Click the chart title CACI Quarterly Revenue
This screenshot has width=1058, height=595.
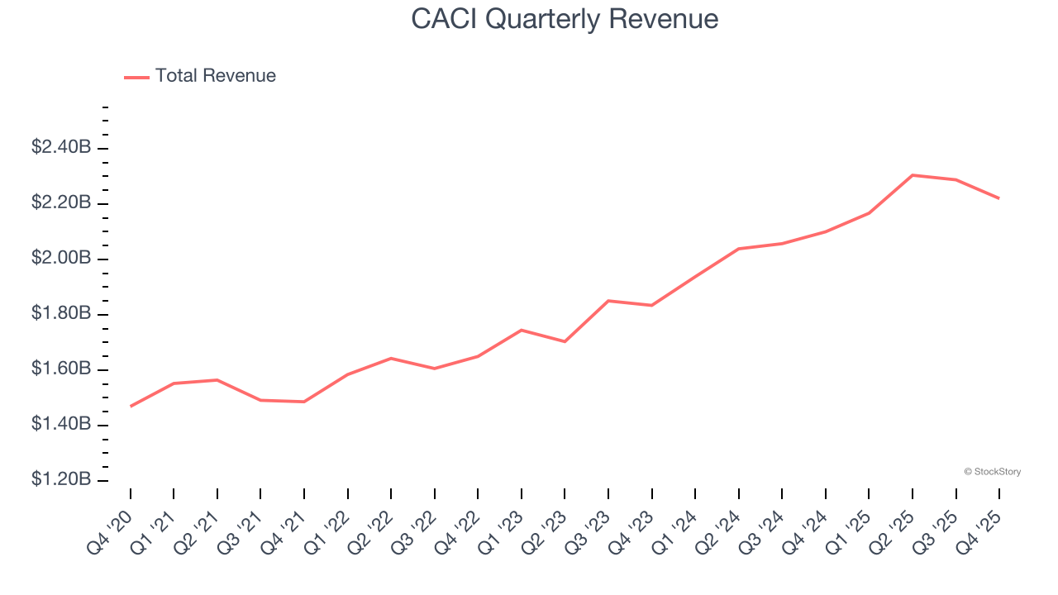click(x=565, y=19)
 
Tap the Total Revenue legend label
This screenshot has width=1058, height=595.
click(x=215, y=76)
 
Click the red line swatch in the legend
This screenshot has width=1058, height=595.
click(x=136, y=77)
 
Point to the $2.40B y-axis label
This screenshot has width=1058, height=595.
click(x=60, y=148)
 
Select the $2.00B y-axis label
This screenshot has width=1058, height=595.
click(x=60, y=259)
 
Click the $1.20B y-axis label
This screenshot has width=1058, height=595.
click(x=60, y=480)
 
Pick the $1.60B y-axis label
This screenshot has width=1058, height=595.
click(x=60, y=369)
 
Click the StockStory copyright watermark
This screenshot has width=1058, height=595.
click(x=992, y=472)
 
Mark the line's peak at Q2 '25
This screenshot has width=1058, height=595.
click(x=913, y=175)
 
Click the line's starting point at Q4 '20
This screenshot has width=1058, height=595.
click(x=131, y=407)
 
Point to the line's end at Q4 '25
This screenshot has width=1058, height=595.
click(x=999, y=198)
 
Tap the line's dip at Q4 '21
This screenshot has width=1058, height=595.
click(x=304, y=402)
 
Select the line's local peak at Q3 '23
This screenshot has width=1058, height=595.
click(x=608, y=301)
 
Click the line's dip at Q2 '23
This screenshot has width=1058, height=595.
click(x=565, y=341)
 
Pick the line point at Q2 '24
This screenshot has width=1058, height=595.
click(x=738, y=249)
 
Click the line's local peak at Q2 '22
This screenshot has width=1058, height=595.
click(x=391, y=358)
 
